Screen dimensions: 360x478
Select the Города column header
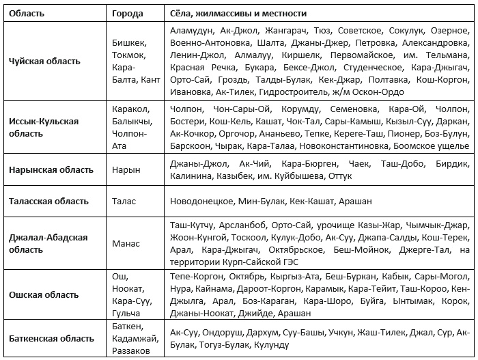128,14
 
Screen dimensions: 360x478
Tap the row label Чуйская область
44,61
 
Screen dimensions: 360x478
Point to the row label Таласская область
48,202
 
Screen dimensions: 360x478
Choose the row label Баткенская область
51,338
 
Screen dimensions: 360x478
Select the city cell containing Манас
126,243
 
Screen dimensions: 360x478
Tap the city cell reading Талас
124,202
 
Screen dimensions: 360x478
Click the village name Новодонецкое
200,202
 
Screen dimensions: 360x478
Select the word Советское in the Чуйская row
359,31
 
